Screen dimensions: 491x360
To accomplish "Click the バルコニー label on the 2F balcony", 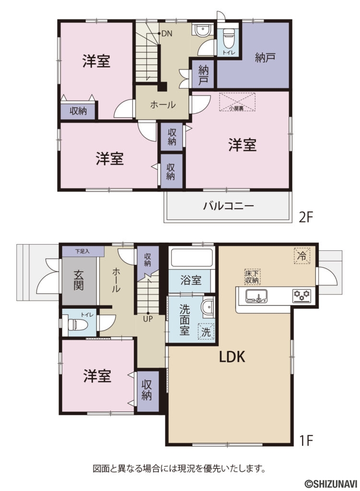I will click(228, 207).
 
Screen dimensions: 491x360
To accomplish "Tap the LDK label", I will click(232, 357).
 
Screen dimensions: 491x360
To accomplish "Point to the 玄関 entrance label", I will click(79, 280).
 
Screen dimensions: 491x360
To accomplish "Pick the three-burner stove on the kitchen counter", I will click(302, 295).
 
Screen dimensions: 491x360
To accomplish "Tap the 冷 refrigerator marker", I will click(302, 256).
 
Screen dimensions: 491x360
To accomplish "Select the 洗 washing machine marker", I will click(205, 331).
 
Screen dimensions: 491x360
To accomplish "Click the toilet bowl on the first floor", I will click(78, 324).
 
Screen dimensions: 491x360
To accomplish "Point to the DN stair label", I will click(166, 34).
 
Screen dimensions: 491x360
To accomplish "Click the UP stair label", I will click(147, 318).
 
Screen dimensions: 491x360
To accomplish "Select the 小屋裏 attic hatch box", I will click(237, 102).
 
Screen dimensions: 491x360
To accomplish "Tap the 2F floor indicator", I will click(306, 217).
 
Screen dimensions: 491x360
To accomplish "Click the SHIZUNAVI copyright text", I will click(330, 483).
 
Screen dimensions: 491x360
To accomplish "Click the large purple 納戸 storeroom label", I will click(265, 58).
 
